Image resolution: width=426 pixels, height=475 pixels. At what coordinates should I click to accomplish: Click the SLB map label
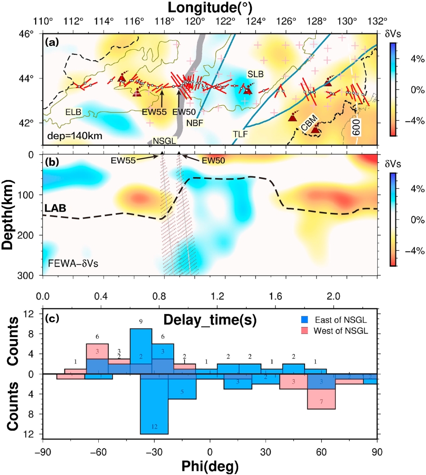pyautogui.click(x=254, y=74)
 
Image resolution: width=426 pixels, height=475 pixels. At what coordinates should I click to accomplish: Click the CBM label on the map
pyautogui.click(x=309, y=124)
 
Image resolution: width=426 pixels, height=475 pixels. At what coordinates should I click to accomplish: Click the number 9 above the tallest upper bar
pyautogui.click(x=140, y=321)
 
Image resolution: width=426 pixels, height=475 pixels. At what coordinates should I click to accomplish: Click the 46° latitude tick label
pyautogui.click(x=29, y=34)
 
